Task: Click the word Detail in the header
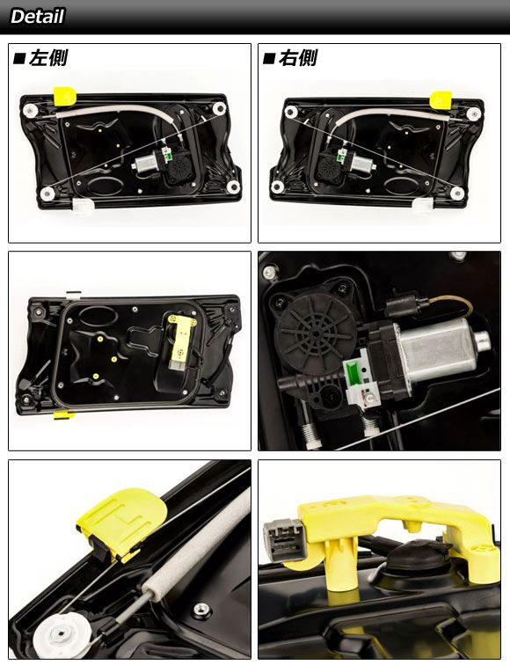[x=37, y=17]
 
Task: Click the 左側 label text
[x=47, y=58]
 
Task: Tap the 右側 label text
[x=297, y=58]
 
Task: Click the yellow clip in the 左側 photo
[x=64, y=97]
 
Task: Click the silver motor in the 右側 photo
[x=362, y=163]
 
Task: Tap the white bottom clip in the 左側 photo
[x=83, y=207]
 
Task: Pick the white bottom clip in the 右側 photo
[x=423, y=206]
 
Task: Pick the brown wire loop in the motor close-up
[x=451, y=305]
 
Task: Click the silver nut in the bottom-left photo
[x=201, y=610]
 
